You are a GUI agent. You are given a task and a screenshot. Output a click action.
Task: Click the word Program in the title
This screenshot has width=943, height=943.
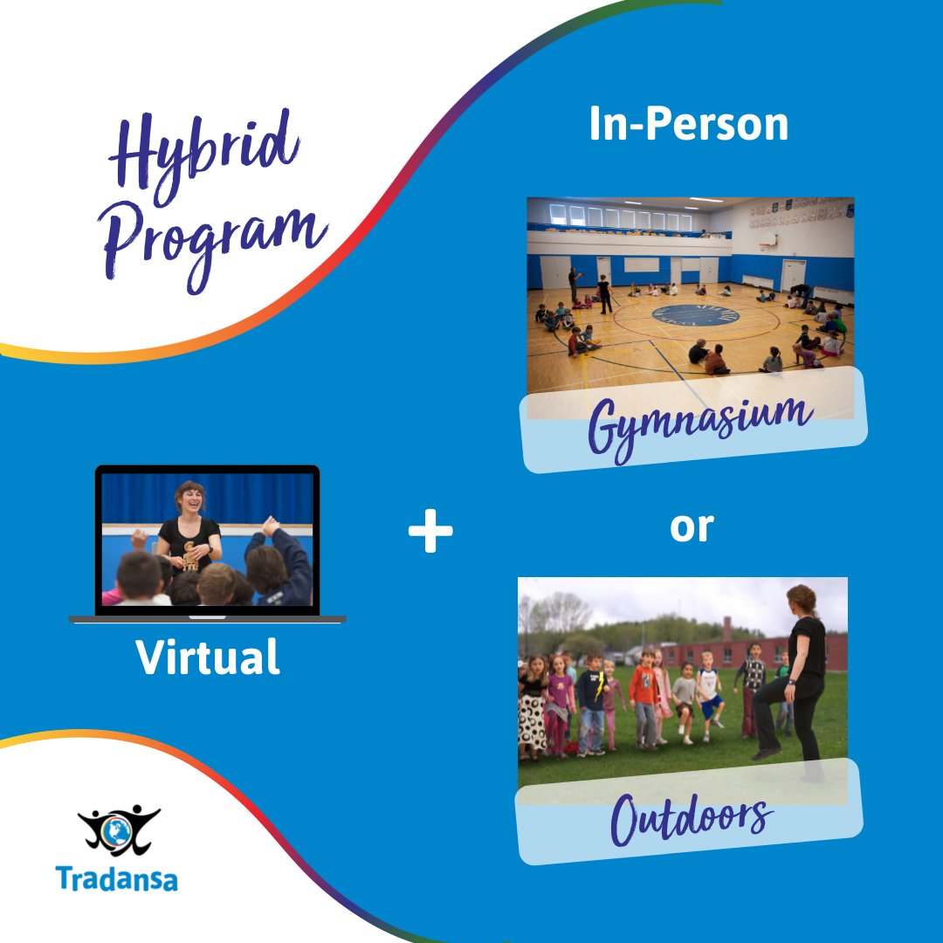pyautogui.click(x=215, y=236)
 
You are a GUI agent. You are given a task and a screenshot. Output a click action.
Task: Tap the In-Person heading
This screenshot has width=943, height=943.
pyautogui.click(x=688, y=125)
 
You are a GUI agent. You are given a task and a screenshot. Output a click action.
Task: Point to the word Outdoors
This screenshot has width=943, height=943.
pyautogui.click(x=691, y=816)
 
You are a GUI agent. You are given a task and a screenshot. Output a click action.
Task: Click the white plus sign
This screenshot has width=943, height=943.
pyautogui.click(x=430, y=533)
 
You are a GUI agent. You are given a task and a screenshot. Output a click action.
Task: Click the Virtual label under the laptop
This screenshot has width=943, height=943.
pyautogui.click(x=208, y=657)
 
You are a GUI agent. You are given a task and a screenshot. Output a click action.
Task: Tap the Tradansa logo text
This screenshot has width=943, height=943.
pyautogui.click(x=116, y=878)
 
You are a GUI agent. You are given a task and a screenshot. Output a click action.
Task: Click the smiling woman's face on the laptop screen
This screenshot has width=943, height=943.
pyautogui.click(x=189, y=500)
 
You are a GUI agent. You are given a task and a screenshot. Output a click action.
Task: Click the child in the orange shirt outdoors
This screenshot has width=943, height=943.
pyautogui.click(x=644, y=690)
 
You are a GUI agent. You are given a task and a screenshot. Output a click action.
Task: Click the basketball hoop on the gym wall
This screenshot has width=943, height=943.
pyautogui.click(x=767, y=237)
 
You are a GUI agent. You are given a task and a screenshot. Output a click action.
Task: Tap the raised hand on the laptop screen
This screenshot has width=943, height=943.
pyautogui.click(x=270, y=526)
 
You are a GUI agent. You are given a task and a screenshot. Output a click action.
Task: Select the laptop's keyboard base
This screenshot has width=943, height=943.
pyautogui.click(x=208, y=619)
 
